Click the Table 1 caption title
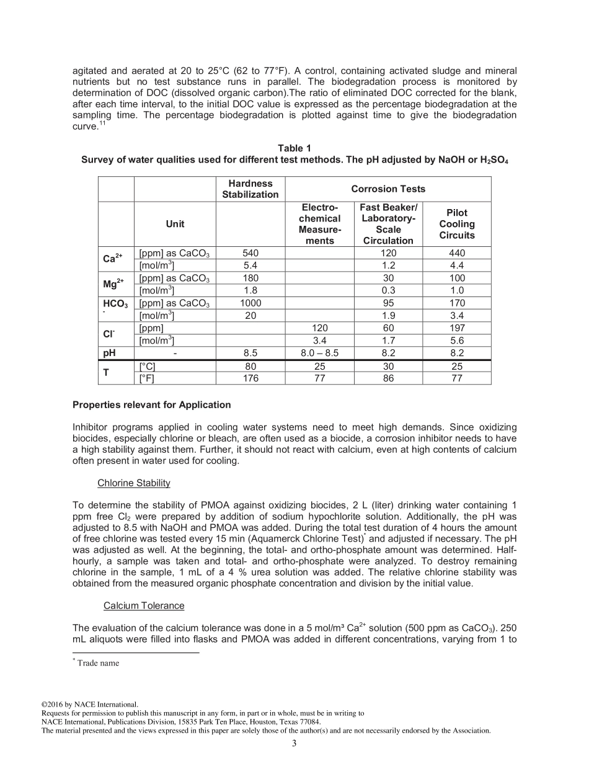coord(294,148)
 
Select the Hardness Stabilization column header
coord(250,189)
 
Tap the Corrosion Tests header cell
coord(388,189)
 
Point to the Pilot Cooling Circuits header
coord(457,224)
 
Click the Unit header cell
coord(175,224)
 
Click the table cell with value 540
coord(250,253)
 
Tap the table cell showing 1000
coord(250,303)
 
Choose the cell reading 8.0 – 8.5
coord(320,353)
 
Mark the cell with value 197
coord(457,328)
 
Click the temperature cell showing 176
coord(250,378)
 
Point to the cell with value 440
coord(457,253)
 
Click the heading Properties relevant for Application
coord(152,405)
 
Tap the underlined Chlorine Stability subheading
coord(134,483)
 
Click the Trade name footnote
coord(97,663)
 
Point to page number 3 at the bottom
coord(294,744)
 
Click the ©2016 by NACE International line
coord(89,704)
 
